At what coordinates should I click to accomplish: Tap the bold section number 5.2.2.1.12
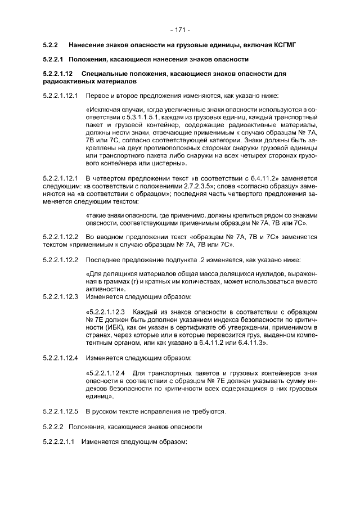pyautogui.click(x=59, y=74)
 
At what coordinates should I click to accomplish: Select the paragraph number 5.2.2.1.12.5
pyautogui.click(x=61, y=412)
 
